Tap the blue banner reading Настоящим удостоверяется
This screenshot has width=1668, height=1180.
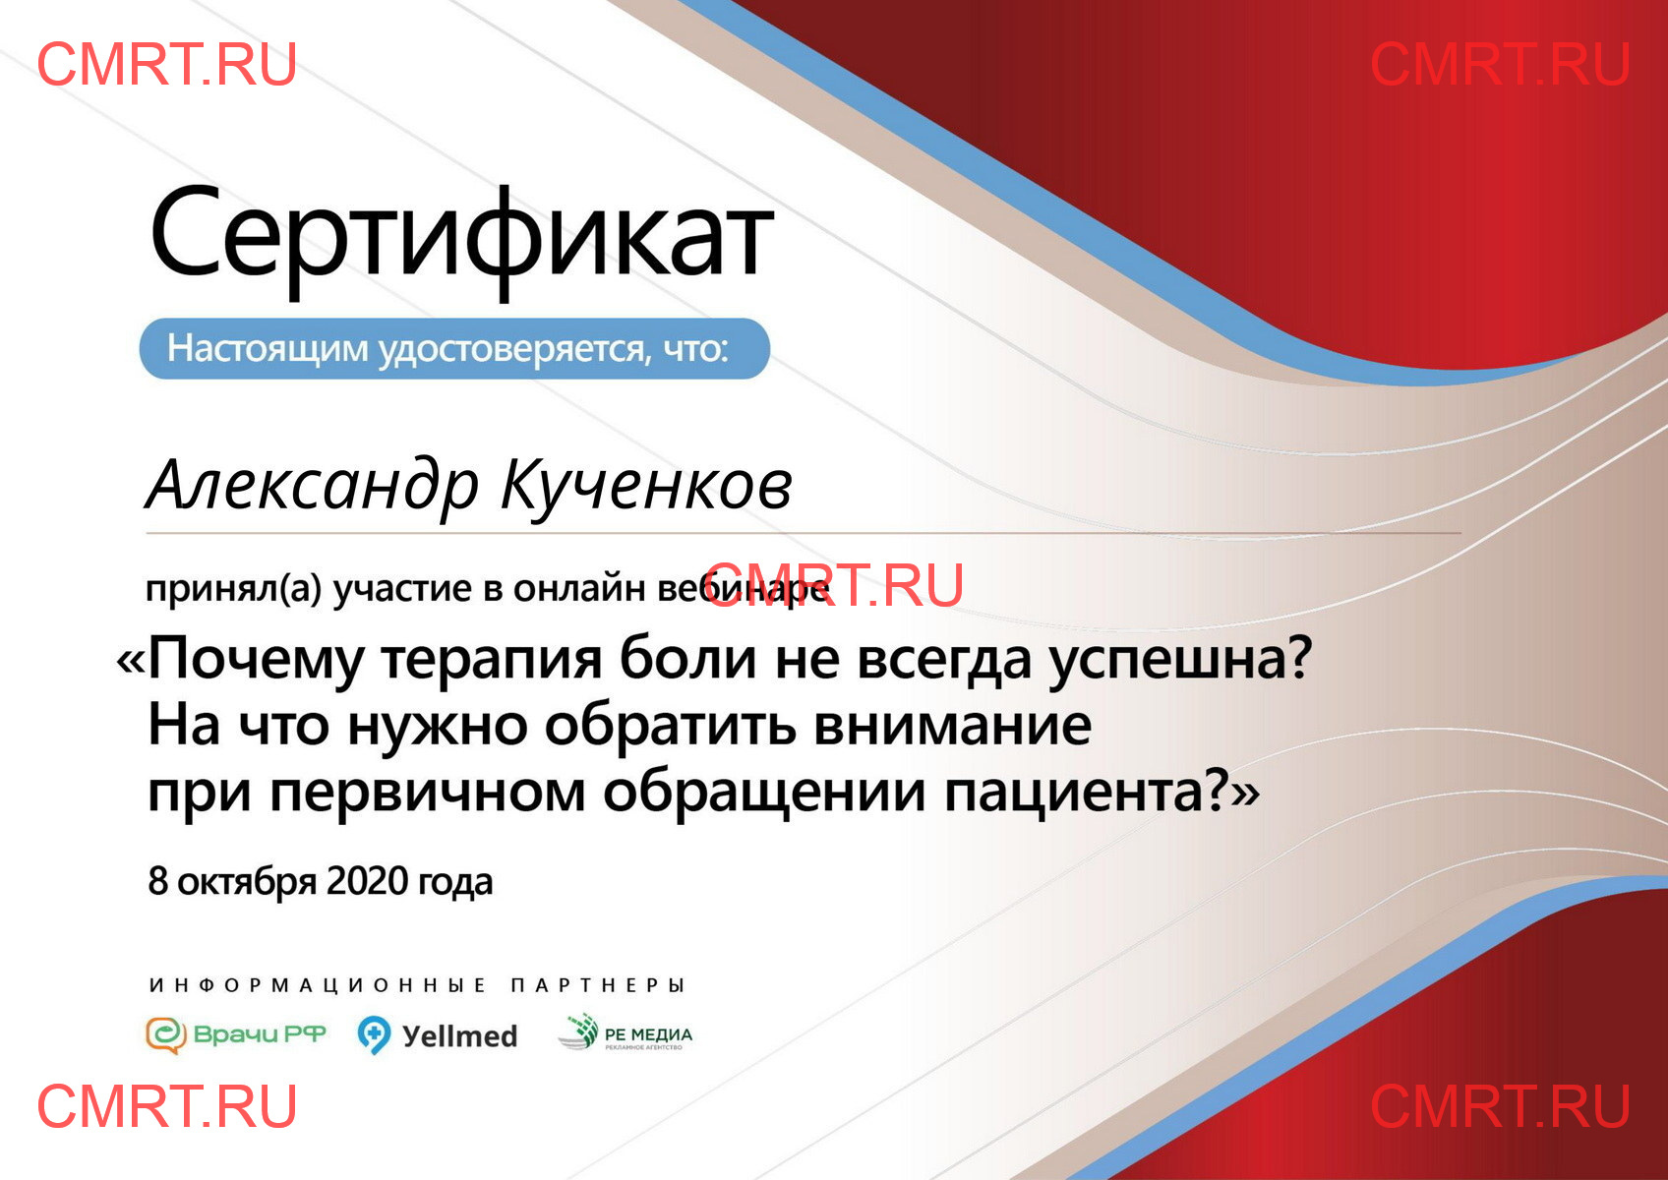454,348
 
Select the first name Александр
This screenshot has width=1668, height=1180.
312,486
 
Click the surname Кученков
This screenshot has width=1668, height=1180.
646,486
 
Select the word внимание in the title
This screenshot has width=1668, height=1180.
953,726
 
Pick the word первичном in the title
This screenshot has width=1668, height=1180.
427,794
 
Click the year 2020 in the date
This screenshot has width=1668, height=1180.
368,881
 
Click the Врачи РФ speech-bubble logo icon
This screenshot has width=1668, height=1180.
165,1034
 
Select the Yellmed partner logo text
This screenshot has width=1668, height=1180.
459,1036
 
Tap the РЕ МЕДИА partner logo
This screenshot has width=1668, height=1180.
625,1032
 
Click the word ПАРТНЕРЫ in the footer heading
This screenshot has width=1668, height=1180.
597,985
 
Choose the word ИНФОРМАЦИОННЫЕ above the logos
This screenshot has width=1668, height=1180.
318,985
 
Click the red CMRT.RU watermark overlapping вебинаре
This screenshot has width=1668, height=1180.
834,585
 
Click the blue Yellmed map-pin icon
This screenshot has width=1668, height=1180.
374,1034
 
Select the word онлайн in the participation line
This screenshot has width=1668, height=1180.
578,589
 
